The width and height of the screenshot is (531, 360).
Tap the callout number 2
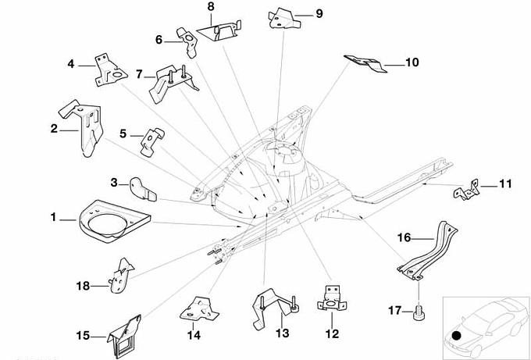[54, 129]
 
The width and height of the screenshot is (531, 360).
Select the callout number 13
[282, 334]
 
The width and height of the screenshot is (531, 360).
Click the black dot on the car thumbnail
[456, 336]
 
